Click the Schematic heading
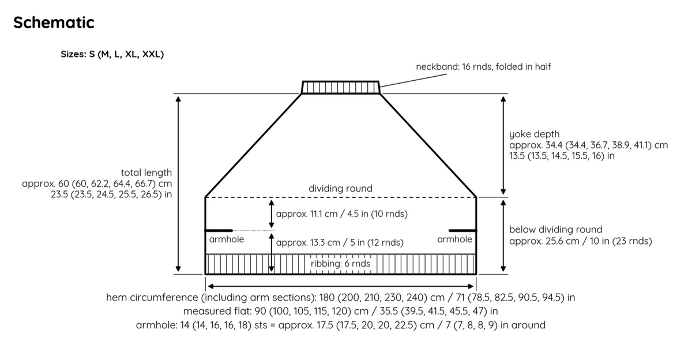point(54,22)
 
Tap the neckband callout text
point(483,67)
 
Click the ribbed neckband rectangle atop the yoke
point(340,87)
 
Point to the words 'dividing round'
point(340,189)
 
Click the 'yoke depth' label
point(534,134)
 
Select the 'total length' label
point(146,172)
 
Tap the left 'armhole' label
point(227,239)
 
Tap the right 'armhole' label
point(454,239)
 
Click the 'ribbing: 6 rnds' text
point(340,264)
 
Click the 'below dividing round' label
point(555,230)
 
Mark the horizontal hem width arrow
point(340,287)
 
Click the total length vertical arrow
point(178,184)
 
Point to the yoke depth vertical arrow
point(503,145)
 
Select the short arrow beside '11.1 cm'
point(271,214)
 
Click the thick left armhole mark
point(219,231)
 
